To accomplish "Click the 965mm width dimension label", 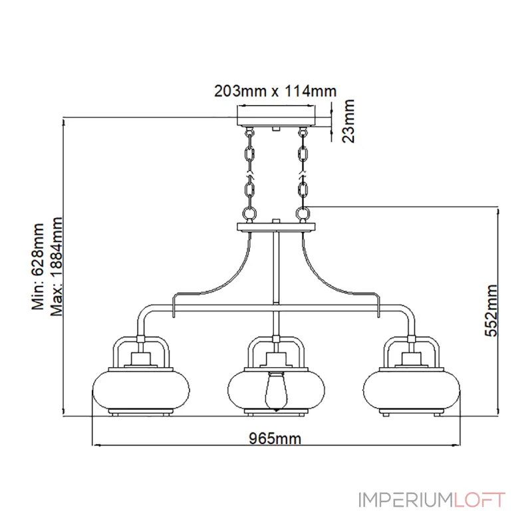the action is pyautogui.click(x=275, y=438).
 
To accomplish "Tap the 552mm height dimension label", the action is pyautogui.click(x=491, y=311).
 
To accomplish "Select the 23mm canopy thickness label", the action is pyautogui.click(x=348, y=121).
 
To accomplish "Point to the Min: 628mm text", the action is pyautogui.click(x=38, y=267).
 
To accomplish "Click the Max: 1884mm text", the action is pyautogui.click(x=57, y=267).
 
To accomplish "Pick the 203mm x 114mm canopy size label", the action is pyautogui.click(x=275, y=91).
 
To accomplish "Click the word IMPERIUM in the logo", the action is pyautogui.click(x=406, y=500).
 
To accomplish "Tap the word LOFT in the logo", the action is pyautogui.click(x=479, y=500).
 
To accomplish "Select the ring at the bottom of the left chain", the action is pyautogui.click(x=249, y=213).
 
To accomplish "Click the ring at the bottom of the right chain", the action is pyautogui.click(x=303, y=213).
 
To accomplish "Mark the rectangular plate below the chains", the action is pyautogui.click(x=276, y=227).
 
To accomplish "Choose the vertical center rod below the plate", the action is pyautogui.click(x=276, y=267).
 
